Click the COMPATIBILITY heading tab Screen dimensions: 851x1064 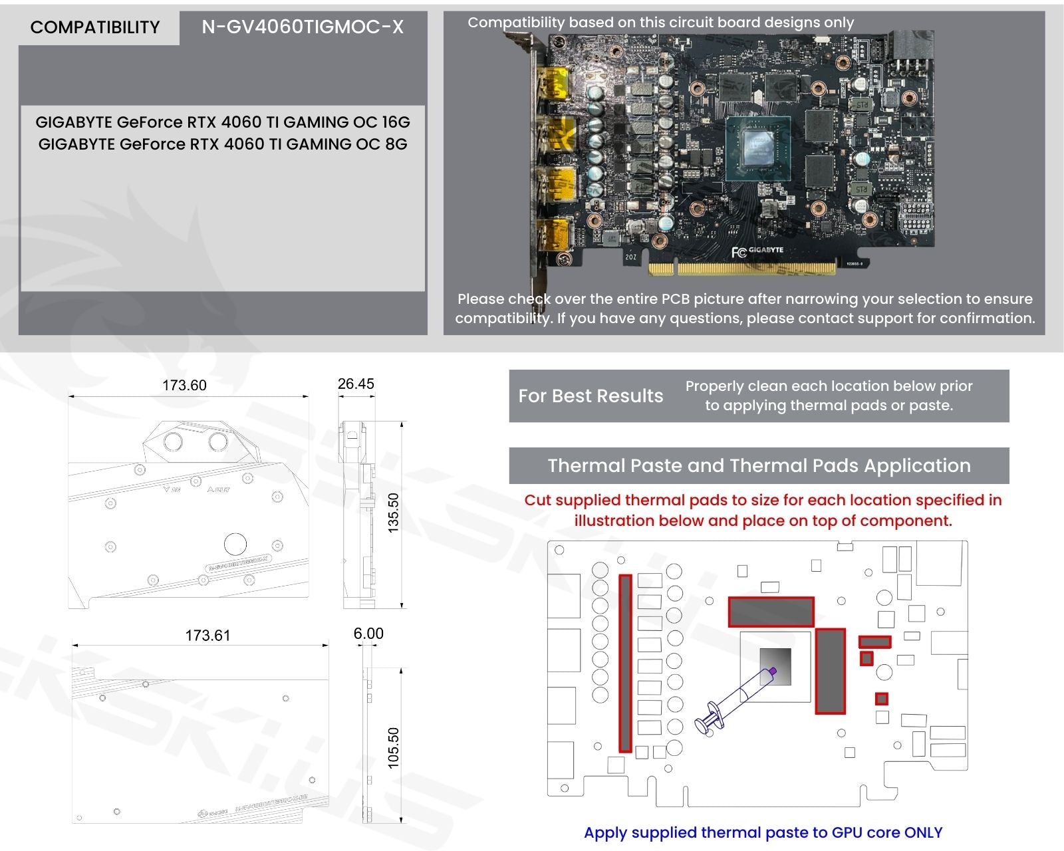tap(95, 27)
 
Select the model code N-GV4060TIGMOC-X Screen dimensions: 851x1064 tap(303, 27)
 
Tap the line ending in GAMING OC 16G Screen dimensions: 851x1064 tap(223, 122)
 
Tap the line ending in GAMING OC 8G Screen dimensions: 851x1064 tap(223, 144)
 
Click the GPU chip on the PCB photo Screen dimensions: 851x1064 tap(758, 148)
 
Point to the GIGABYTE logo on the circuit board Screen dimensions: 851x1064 tap(765, 251)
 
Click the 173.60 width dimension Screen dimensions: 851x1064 tap(184, 386)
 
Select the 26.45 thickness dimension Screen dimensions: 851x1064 tap(356, 384)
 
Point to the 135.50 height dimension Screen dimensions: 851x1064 tap(393, 513)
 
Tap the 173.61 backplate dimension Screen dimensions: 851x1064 tap(207, 636)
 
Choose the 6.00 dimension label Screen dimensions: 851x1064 tap(368, 634)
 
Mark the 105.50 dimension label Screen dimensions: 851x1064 tap(393, 747)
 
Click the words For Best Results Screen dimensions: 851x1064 tap(591, 396)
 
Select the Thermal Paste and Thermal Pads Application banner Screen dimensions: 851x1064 tap(759, 465)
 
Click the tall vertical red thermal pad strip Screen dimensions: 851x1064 tap(625, 664)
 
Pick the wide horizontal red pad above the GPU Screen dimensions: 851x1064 tap(771, 612)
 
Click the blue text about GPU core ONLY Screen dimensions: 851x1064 tap(763, 832)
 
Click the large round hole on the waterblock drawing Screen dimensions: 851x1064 tap(235, 543)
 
